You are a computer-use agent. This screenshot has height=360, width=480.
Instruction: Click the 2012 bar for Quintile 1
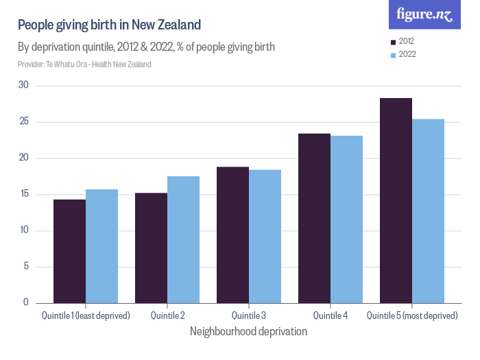69,251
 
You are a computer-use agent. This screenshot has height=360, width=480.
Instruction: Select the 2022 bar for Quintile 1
101,246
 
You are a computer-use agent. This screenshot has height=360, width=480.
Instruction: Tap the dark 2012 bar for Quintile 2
151,248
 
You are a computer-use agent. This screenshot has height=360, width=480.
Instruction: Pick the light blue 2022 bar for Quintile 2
183,239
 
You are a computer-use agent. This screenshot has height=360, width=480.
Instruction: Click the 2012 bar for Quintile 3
232,235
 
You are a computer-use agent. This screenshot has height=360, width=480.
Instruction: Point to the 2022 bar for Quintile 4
346,219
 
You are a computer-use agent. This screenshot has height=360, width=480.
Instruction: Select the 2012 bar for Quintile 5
396,200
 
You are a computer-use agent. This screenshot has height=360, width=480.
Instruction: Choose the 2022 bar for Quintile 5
428,211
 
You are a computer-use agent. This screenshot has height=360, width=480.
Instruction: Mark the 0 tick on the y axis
26,302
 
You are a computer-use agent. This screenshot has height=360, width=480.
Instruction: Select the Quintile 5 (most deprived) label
412,315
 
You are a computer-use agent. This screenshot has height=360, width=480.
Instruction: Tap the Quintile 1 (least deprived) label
86,315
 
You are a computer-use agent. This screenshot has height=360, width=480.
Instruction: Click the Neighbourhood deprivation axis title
248,331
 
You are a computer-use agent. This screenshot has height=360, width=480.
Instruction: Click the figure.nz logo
424,14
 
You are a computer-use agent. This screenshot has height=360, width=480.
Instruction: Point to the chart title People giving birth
109,25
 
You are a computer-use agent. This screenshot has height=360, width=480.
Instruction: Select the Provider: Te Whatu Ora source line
84,64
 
